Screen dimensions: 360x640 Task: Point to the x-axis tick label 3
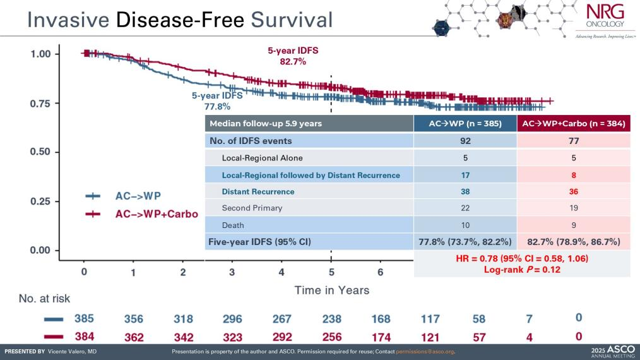(x=232, y=272)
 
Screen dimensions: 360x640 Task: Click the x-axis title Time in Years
(x=331, y=291)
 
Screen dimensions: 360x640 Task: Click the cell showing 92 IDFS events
(x=465, y=141)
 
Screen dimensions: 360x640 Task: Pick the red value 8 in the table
(x=574, y=175)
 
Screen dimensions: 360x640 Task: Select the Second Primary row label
(x=252, y=208)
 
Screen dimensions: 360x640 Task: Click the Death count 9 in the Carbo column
(x=574, y=225)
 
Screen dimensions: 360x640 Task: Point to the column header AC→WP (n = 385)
(x=465, y=124)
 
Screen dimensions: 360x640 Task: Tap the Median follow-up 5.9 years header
(x=265, y=124)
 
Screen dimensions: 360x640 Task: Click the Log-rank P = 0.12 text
(x=521, y=269)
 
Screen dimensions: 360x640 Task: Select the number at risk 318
(x=183, y=318)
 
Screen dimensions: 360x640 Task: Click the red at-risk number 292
(x=281, y=337)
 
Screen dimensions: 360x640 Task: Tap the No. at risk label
(x=44, y=297)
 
